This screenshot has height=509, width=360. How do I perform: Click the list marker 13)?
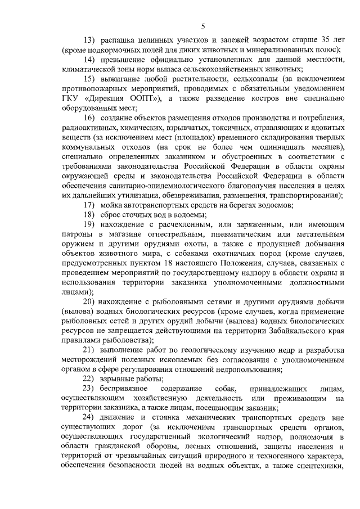click(x=90, y=40)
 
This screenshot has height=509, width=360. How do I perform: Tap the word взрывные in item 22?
click(x=120, y=379)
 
